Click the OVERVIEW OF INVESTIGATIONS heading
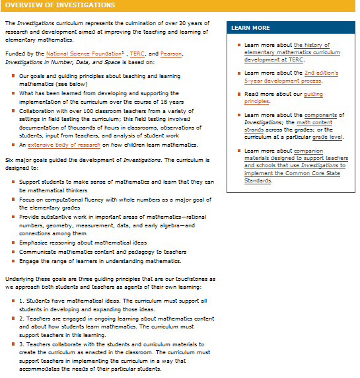click(x=60, y=5)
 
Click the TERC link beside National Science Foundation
click(x=137, y=54)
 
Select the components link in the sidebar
click(x=330, y=115)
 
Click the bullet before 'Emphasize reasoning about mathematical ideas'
click(x=13, y=243)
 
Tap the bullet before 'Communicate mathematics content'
click(x=13, y=252)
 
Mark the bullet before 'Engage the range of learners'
click(x=13, y=261)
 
